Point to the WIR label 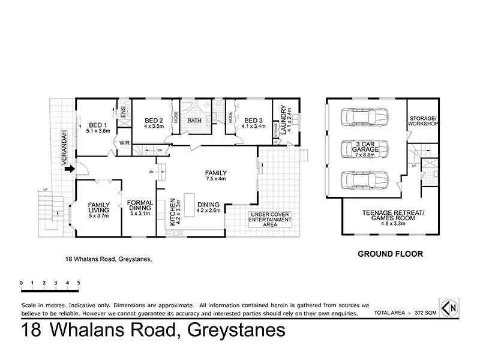point(125,143)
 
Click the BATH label point(194,121)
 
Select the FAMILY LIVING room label point(98,208)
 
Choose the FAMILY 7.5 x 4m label point(214,175)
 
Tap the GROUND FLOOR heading point(391,254)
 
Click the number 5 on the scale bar point(78,282)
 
